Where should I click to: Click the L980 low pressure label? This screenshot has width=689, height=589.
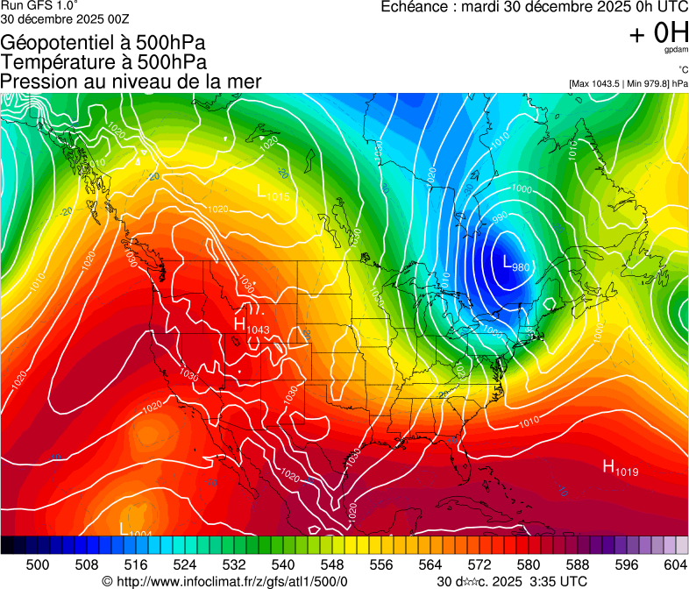[x=515, y=262]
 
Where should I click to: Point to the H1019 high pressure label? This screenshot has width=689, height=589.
[x=620, y=468]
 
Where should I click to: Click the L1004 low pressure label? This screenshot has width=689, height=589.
[x=135, y=529]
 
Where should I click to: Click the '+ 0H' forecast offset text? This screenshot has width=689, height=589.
[x=658, y=34]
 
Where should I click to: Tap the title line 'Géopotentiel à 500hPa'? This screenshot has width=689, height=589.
[x=103, y=42]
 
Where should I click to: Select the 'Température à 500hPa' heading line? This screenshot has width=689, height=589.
[x=103, y=61]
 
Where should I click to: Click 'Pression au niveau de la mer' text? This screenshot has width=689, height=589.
[x=131, y=82]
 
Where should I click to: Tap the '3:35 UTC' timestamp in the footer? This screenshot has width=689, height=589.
[x=550, y=581]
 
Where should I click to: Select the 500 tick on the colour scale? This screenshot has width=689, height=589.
[x=38, y=564]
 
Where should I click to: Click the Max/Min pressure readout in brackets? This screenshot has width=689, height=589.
[x=628, y=83]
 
